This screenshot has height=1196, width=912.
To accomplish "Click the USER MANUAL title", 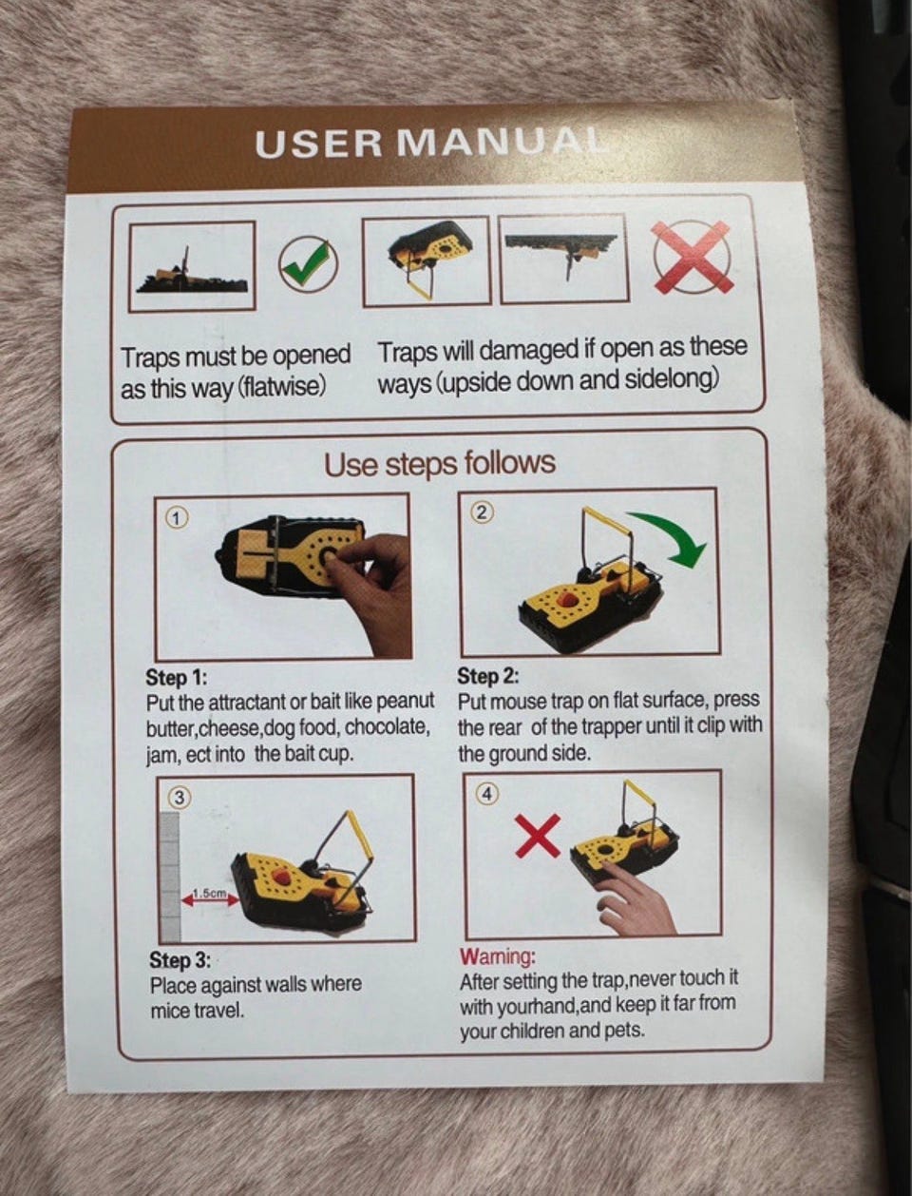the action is (430, 144).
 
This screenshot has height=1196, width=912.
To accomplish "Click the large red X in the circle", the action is (693, 256).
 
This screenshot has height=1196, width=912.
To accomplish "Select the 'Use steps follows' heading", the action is (440, 464).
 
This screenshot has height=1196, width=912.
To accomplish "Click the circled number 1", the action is (177, 519).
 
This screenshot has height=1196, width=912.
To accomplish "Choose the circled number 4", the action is (487, 794).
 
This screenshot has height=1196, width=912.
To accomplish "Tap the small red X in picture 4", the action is (538, 836).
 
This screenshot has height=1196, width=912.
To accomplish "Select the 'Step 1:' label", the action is (176, 678).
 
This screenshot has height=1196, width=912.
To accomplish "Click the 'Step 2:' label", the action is (488, 676).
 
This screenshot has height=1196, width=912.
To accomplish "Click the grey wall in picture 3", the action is (170, 877).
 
